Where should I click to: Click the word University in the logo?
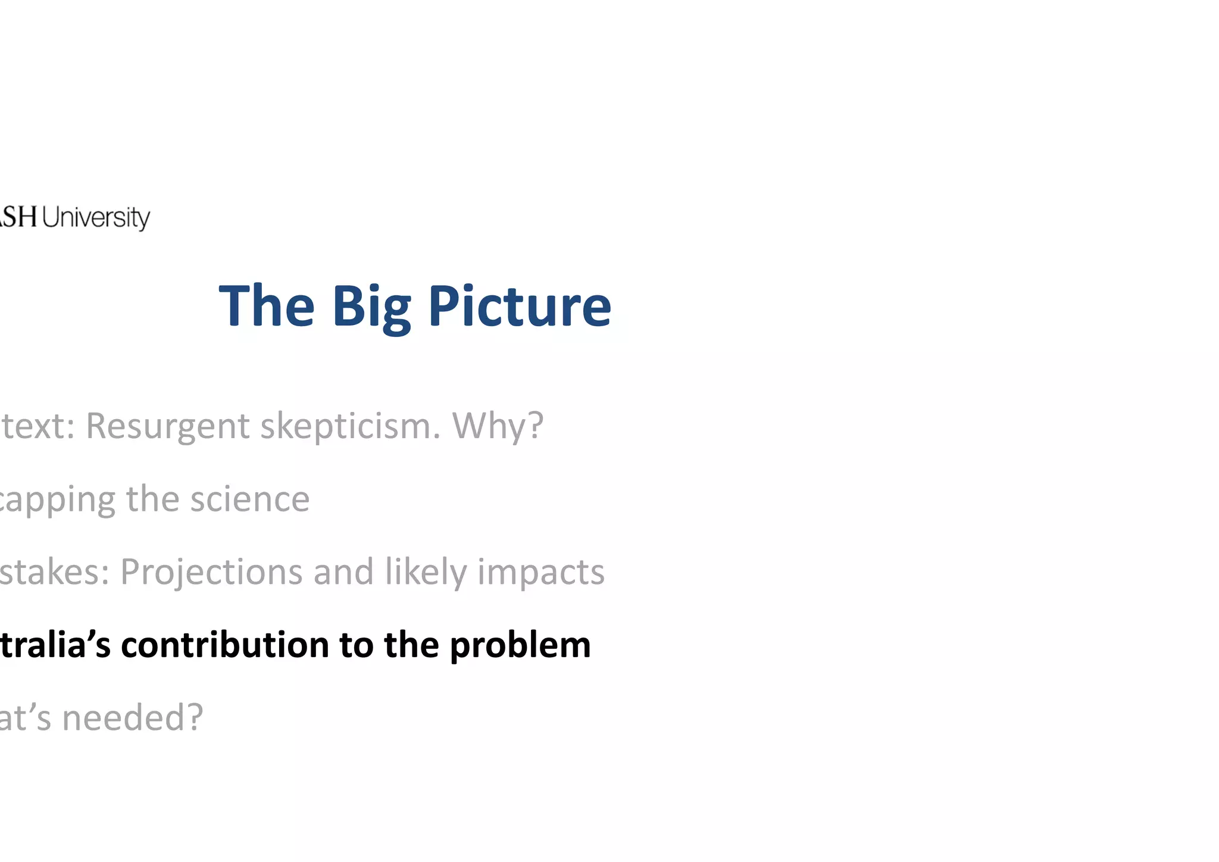point(96,217)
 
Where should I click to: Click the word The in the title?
point(266,307)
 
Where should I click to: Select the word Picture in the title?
point(520,307)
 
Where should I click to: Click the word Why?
point(498,426)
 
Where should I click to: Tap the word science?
point(249,499)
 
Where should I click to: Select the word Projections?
point(211,573)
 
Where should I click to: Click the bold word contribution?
point(225,645)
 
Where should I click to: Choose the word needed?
point(133,717)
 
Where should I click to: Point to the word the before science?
point(152,499)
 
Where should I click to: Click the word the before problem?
point(411,645)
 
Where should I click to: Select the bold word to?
point(356,645)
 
